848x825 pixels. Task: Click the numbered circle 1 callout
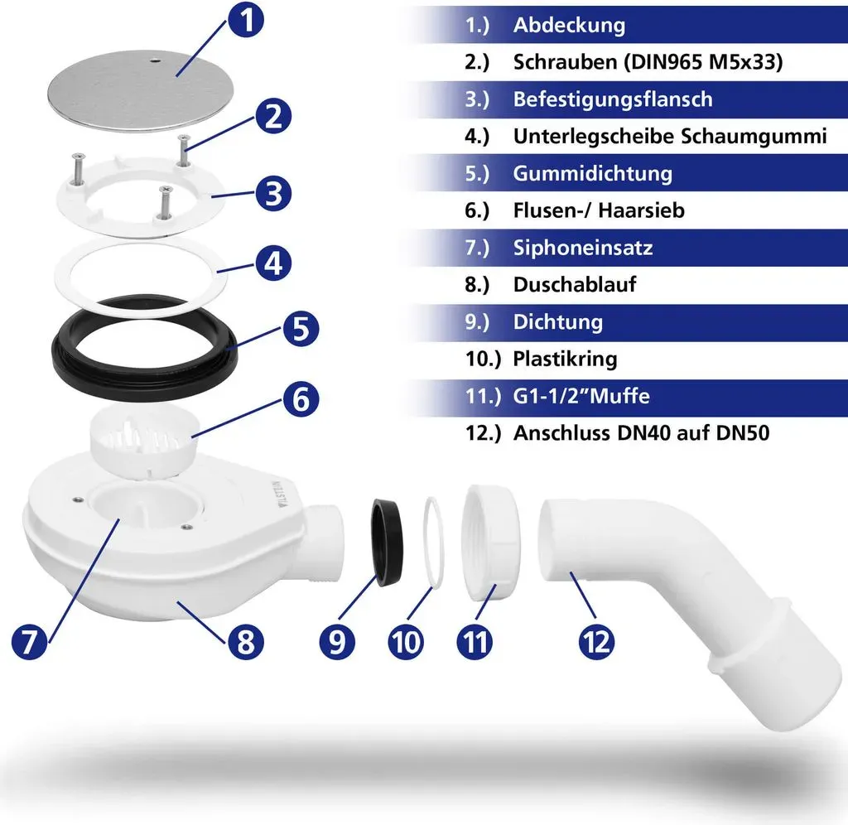pyautogui.click(x=246, y=21)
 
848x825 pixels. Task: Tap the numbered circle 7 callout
pyautogui.click(x=29, y=642)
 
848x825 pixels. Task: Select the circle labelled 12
pyautogui.click(x=596, y=642)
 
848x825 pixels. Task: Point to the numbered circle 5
pyautogui.click(x=301, y=329)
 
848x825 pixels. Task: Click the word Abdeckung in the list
pyautogui.click(x=569, y=25)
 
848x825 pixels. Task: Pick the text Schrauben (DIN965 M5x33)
pyautogui.click(x=648, y=62)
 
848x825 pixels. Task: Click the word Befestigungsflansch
pyautogui.click(x=613, y=99)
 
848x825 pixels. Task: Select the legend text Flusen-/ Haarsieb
pyautogui.click(x=599, y=210)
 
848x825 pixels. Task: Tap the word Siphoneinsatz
pyautogui.click(x=582, y=248)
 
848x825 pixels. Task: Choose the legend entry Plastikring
pyautogui.click(x=565, y=359)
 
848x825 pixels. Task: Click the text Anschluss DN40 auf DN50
pyautogui.click(x=641, y=432)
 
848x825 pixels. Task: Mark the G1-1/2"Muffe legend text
pyautogui.click(x=581, y=396)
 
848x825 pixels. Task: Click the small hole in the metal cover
pyautogui.click(x=155, y=61)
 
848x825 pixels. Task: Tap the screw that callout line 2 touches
pyautogui.click(x=184, y=150)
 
